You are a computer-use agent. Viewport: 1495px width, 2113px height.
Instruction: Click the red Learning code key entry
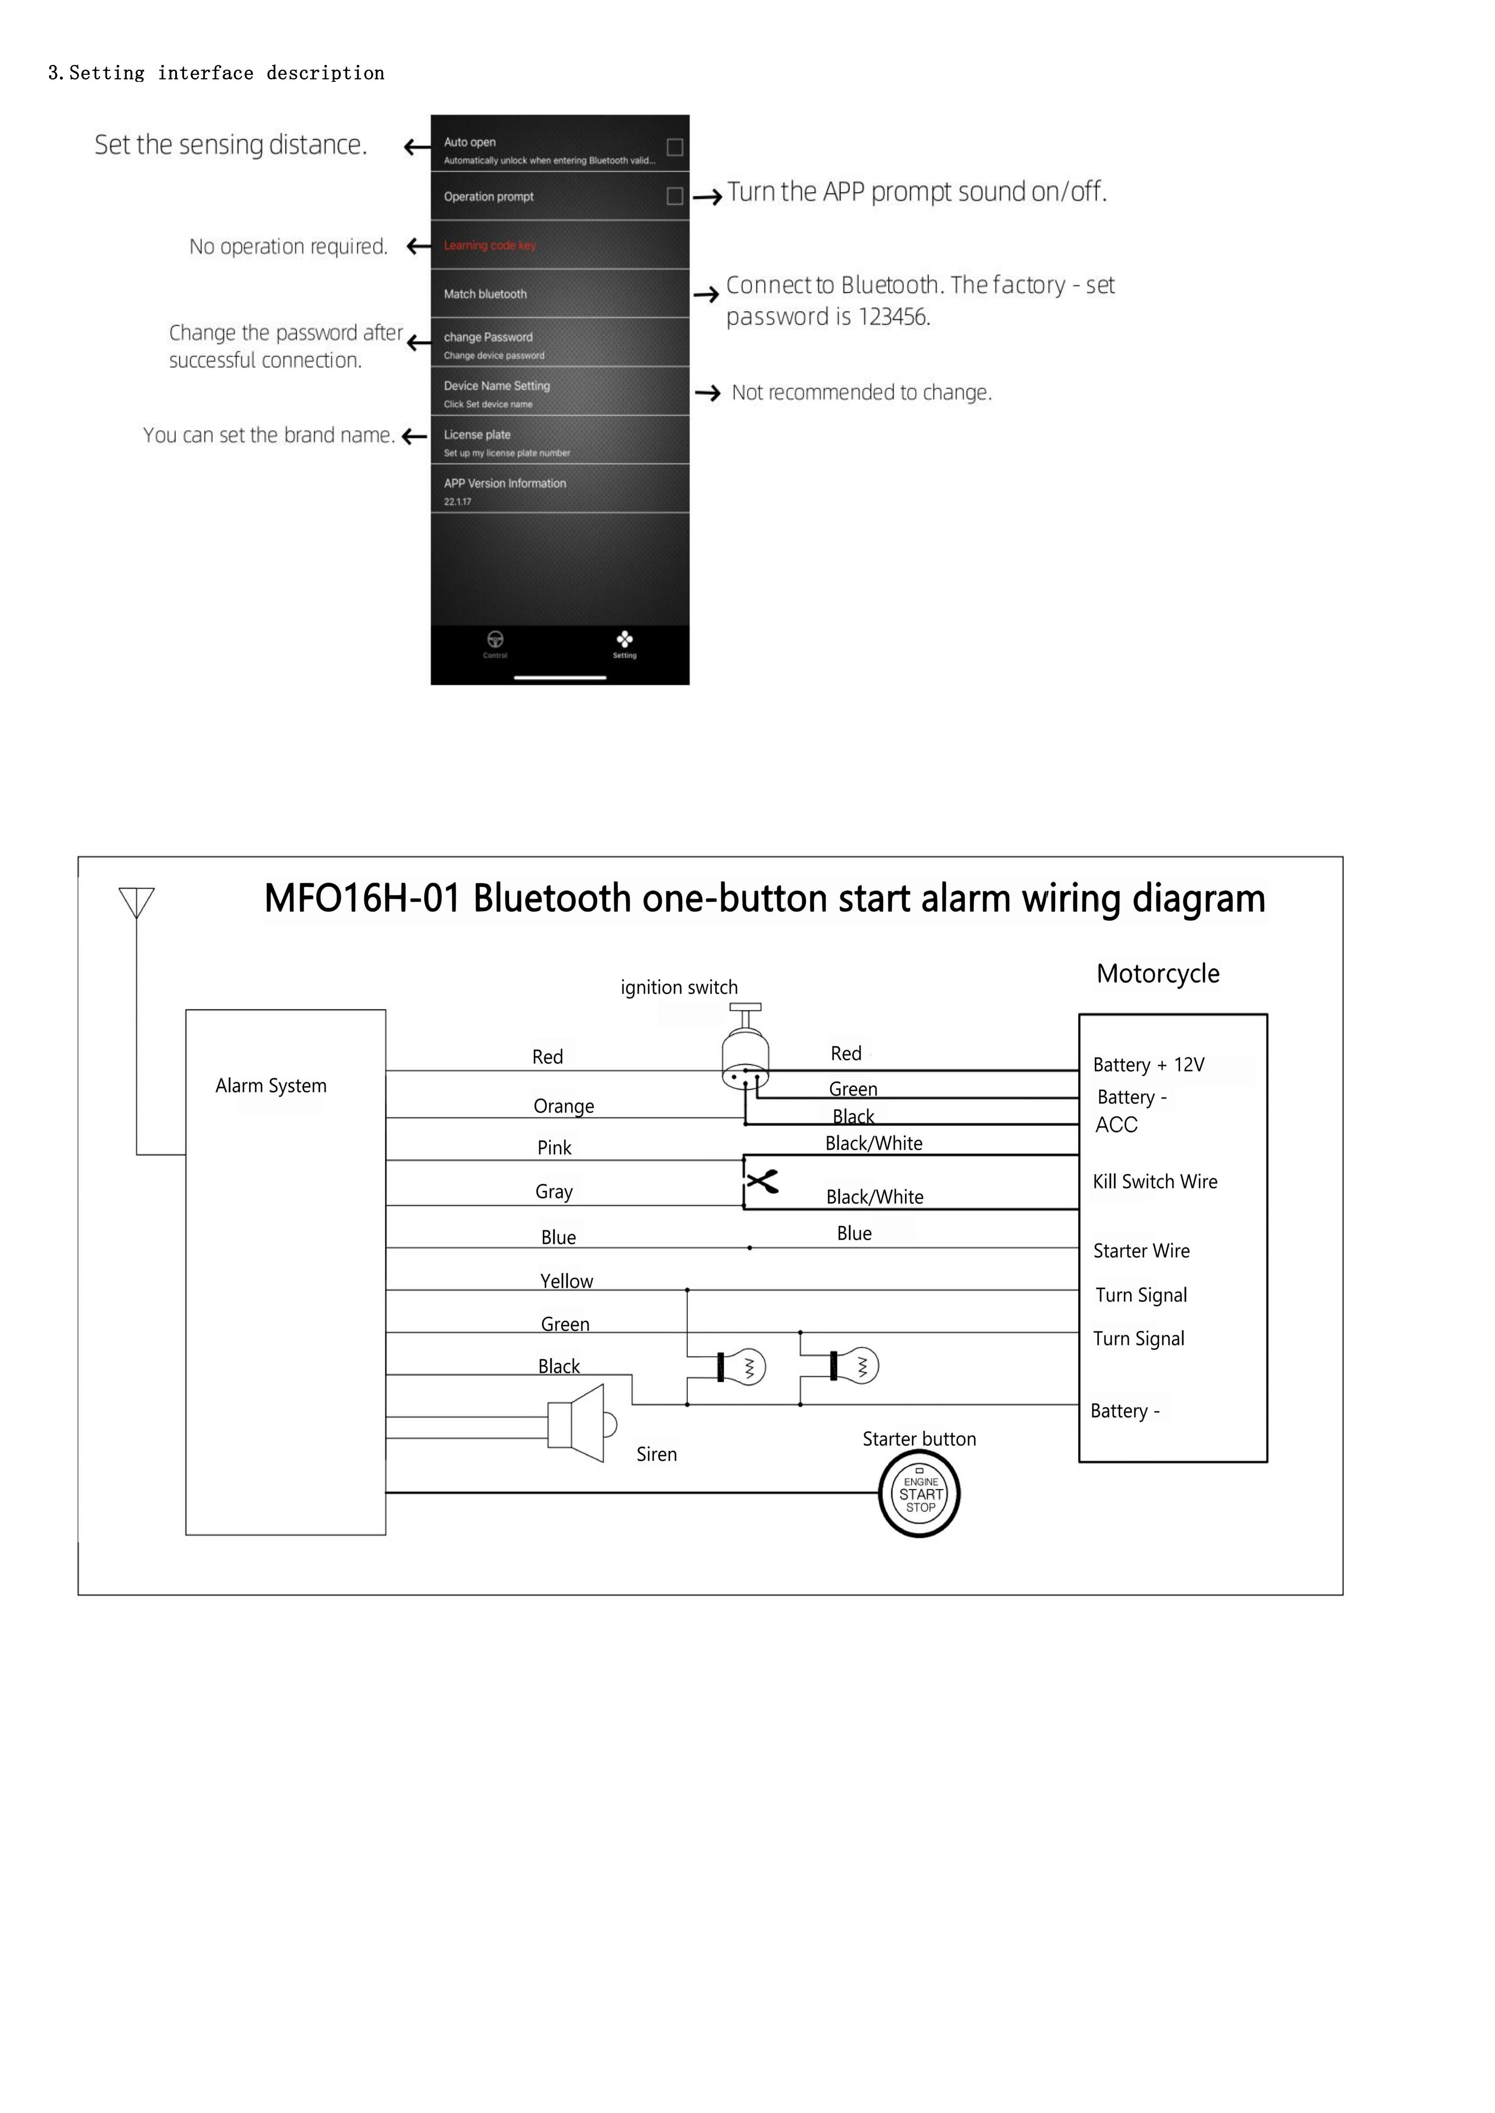click(x=490, y=246)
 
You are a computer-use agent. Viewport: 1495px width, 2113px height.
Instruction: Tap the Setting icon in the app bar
click(x=624, y=642)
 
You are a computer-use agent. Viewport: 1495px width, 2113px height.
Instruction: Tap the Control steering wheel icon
click(x=495, y=642)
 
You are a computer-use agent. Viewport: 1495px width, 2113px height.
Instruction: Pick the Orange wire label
click(x=563, y=1106)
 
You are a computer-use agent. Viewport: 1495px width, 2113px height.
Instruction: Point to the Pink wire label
click(x=554, y=1148)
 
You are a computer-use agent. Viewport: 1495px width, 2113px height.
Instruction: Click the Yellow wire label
click(x=566, y=1281)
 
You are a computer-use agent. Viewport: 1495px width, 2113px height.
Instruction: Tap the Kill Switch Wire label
click(x=1155, y=1182)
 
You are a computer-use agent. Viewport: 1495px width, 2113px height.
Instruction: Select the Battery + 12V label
click(x=1148, y=1065)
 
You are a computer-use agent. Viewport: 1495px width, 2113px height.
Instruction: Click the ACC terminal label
click(x=1116, y=1125)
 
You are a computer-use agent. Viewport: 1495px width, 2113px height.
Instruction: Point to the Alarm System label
click(x=271, y=1086)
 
